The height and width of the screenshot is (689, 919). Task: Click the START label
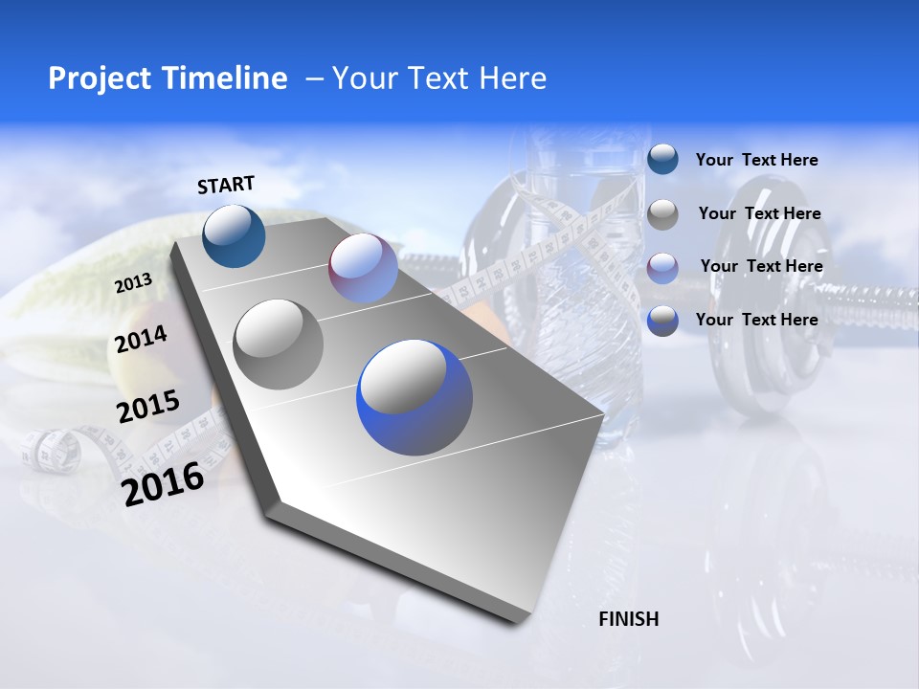pos(226,185)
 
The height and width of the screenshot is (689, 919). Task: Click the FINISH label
pos(628,619)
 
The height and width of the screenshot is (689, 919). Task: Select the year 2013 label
pos(133,282)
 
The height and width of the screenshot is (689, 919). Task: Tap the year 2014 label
pos(141,339)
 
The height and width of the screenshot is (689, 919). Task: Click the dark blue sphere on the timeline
pos(234,235)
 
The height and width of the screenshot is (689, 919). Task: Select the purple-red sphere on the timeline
pos(363,268)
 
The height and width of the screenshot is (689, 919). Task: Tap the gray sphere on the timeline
pos(279,344)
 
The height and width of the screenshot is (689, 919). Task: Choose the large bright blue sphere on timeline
pos(415,398)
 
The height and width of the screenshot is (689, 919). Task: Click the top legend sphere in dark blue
pos(662,159)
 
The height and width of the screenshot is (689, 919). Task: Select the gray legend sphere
pos(662,213)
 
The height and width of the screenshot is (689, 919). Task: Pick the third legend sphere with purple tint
pos(662,267)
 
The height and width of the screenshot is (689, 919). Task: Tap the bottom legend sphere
pos(662,321)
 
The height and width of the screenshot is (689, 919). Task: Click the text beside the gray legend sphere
pos(759,213)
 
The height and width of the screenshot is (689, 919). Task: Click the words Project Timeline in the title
pos(168,78)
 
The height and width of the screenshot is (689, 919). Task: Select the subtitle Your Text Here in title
pos(438,78)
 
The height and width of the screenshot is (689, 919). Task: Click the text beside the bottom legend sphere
pos(756,320)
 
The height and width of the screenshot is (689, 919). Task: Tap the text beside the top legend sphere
pos(756,160)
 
